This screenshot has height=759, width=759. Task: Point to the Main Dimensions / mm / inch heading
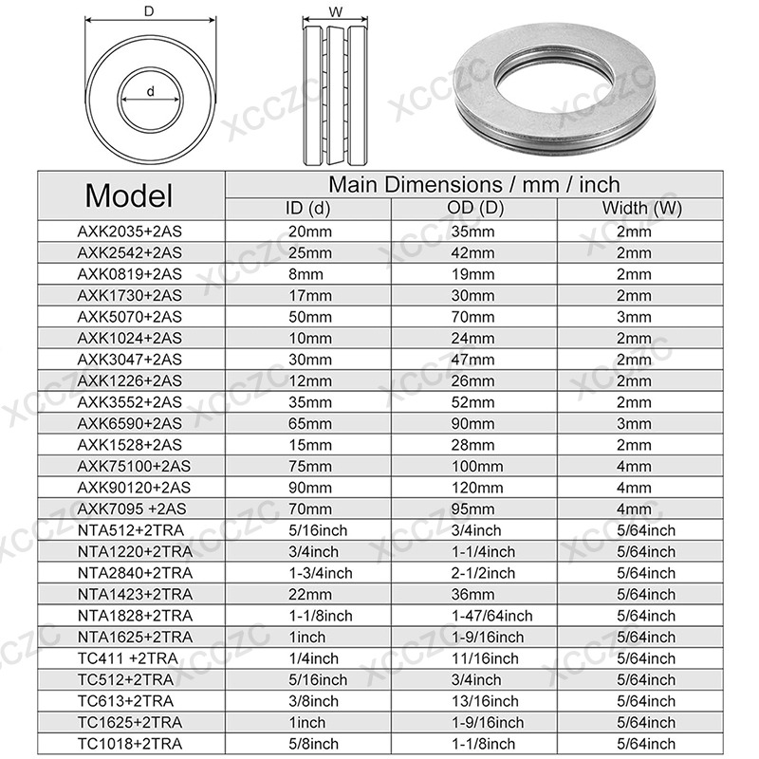point(474,184)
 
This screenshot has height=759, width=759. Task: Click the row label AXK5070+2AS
point(130,316)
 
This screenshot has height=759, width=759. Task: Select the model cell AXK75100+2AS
point(130,466)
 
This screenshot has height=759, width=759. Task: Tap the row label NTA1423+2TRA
point(130,594)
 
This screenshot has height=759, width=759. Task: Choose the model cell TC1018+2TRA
point(130,744)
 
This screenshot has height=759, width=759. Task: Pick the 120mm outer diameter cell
point(474,487)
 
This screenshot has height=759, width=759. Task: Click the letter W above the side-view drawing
point(336,12)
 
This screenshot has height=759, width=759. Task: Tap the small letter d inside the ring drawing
point(151,90)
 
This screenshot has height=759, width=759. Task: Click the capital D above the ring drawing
point(148,11)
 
